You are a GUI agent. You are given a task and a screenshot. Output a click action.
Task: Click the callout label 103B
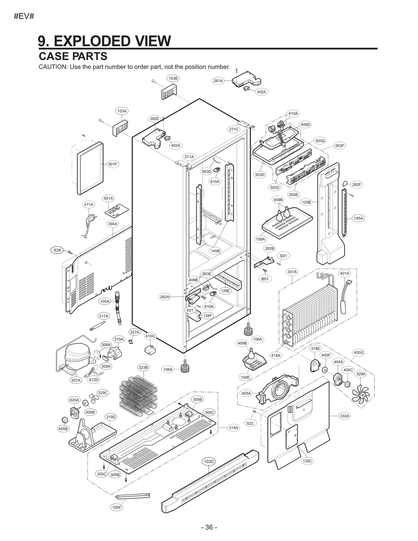click(173, 78)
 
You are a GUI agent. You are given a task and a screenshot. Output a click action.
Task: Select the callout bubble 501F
click(113, 164)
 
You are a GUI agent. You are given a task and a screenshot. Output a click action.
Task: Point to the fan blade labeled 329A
click(361, 395)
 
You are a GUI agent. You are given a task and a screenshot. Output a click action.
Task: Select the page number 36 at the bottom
click(209, 527)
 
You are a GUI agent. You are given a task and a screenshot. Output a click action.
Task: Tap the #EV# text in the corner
click(24, 16)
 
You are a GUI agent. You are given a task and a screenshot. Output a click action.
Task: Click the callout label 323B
click(143, 367)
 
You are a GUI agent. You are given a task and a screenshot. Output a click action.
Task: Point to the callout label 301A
click(292, 272)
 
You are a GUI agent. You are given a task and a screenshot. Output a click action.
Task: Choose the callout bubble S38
click(57, 250)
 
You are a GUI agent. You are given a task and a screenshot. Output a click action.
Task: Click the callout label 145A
click(358, 218)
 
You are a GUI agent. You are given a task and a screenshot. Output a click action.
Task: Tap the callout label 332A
click(345, 416)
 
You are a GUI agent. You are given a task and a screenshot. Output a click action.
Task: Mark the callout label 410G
click(150, 336)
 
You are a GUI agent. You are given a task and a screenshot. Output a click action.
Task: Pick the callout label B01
click(265, 279)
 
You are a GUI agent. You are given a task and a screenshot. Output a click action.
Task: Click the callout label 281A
click(218, 81)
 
